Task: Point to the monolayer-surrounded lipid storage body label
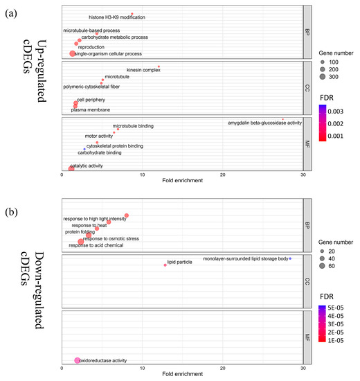245,259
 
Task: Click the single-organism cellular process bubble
73,53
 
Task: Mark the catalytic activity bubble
71,168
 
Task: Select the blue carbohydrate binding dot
84,149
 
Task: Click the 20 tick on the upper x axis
222,175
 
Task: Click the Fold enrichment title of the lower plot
182,376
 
